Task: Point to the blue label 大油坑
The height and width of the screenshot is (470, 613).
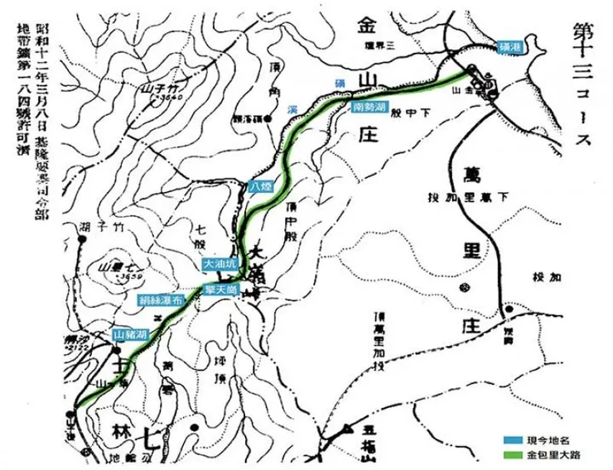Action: [x=219, y=262]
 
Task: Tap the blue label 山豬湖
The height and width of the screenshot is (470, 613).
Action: [x=131, y=335]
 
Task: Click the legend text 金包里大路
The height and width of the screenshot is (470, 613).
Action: [x=557, y=453]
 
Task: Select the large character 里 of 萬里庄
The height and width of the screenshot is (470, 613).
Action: [x=487, y=250]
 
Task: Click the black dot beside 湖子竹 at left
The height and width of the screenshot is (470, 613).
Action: [x=82, y=240]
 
